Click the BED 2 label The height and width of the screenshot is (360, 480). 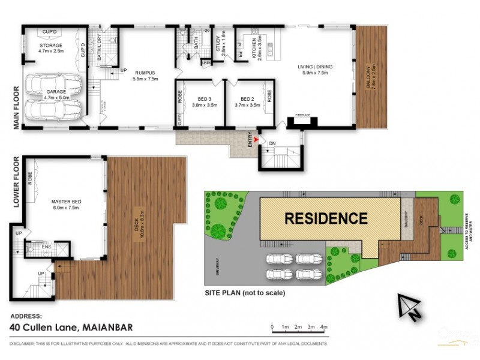[x=248, y=99]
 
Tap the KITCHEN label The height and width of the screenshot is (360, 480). [x=254, y=47]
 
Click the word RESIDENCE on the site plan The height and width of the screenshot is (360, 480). [x=325, y=218]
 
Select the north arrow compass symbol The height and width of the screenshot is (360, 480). [x=410, y=306]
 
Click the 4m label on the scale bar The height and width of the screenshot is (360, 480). [x=324, y=328]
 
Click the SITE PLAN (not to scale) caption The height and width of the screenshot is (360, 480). [x=244, y=293]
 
